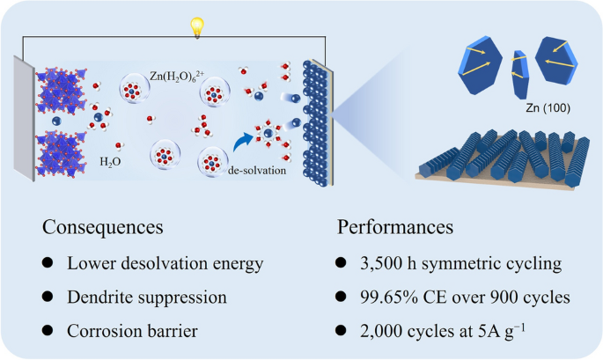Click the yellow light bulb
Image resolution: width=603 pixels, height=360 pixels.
click(197, 27)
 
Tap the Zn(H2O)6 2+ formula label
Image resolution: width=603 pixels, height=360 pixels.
click(177, 77)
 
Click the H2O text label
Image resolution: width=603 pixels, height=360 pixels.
click(110, 162)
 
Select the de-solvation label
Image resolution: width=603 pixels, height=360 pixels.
click(257, 171)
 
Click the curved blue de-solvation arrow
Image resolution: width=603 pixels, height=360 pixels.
click(241, 143)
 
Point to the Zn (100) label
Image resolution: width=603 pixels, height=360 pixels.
click(548, 108)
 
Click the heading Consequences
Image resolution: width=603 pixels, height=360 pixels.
click(103, 227)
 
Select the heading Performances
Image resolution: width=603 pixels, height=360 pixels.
click(395, 227)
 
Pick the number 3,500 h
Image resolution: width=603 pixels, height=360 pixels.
click(388, 263)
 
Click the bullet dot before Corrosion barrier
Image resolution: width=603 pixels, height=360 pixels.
click(48, 330)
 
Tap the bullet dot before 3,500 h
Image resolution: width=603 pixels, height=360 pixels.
click(341, 262)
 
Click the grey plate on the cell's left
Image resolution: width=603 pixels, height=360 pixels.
click(25, 119)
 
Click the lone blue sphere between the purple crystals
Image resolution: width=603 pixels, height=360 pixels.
click(56, 121)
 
